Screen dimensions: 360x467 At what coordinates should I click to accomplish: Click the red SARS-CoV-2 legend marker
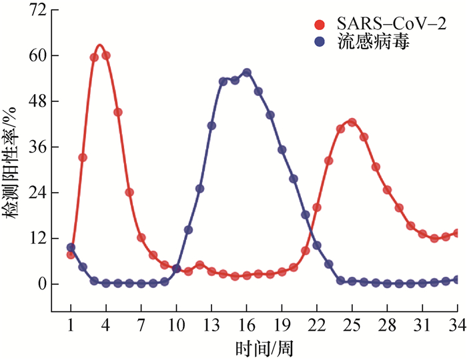[320, 25]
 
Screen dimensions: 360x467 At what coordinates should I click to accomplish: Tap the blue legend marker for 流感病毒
[320, 42]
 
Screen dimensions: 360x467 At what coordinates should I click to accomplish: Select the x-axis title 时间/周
[264, 347]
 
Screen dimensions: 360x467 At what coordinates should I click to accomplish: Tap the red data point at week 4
[106, 55]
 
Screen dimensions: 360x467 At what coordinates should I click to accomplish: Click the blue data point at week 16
[247, 72]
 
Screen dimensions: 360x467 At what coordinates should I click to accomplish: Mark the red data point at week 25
[352, 122]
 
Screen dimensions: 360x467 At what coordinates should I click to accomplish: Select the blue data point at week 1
[71, 247]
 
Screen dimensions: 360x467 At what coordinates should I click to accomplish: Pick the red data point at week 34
[457, 233]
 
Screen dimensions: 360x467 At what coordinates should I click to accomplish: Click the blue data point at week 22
[317, 245]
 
